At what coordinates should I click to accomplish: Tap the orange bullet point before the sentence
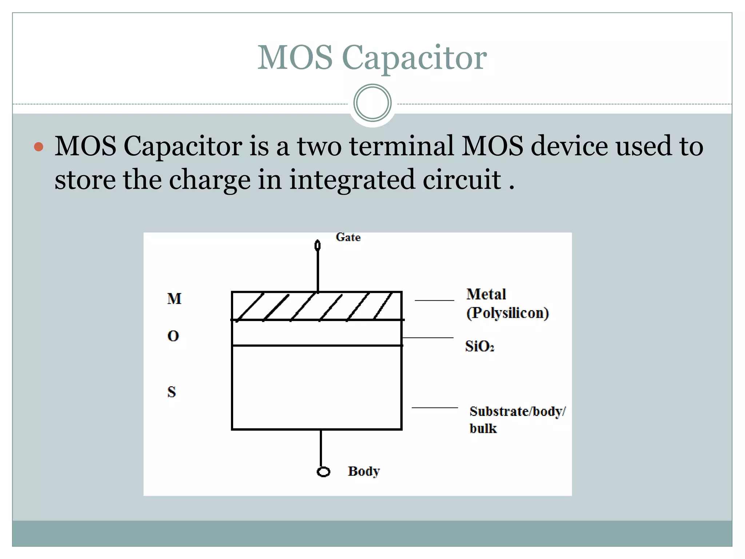(39, 147)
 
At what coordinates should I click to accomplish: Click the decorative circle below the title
(372, 103)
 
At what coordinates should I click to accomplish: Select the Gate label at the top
(348, 237)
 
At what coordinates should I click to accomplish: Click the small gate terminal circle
(318, 245)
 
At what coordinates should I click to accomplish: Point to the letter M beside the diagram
(174, 299)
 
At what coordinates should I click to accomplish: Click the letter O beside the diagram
(173, 336)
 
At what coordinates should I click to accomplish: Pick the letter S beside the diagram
(172, 392)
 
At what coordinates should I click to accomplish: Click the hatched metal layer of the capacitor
(316, 306)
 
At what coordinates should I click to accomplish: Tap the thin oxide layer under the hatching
(316, 333)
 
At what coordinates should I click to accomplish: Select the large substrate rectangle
(316, 388)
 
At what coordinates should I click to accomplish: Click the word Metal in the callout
(486, 294)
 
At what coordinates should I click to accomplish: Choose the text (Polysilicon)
(507, 313)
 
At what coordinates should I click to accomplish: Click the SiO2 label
(479, 346)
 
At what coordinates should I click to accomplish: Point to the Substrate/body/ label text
(517, 411)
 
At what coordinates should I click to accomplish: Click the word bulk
(483, 428)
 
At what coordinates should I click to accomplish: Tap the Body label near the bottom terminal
(363, 471)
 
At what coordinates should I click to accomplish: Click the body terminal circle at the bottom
(323, 472)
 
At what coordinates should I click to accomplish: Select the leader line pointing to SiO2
(428, 338)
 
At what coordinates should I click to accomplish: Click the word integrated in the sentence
(352, 179)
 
